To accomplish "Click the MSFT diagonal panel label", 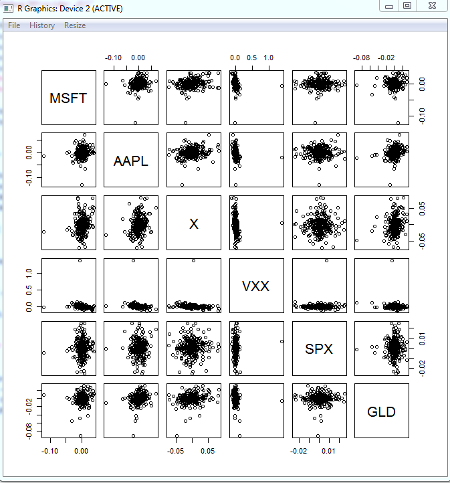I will click(x=68, y=98).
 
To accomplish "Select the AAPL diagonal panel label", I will click(x=131, y=161).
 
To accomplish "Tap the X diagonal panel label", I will click(x=194, y=224).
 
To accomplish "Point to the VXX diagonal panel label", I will click(x=255, y=286).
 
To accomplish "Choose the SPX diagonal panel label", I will click(x=319, y=349).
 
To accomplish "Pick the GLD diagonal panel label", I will click(x=382, y=412).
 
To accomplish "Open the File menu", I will click(x=14, y=25).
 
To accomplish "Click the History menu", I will click(x=42, y=25).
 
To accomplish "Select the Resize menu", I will click(x=75, y=25).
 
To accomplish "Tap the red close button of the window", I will click(x=432, y=5).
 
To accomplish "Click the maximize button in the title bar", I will click(x=407, y=5).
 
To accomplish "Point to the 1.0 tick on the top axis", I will click(x=269, y=58).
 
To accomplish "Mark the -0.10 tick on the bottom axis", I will click(x=49, y=451).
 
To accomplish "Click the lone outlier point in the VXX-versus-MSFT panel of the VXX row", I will click(x=80, y=260).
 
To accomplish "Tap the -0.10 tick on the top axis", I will click(x=114, y=58).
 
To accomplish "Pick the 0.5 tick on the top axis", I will click(x=252, y=58).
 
